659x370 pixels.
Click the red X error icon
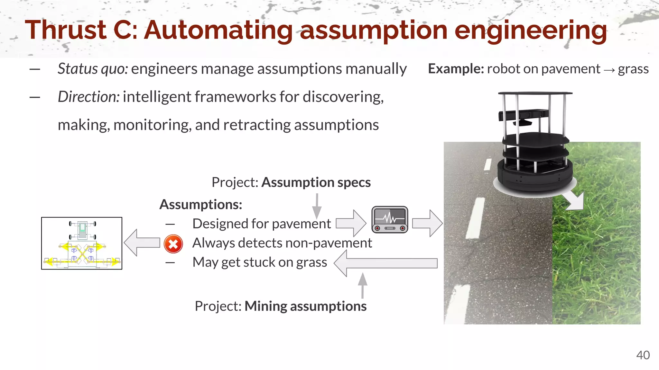tap(173, 244)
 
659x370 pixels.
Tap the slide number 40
tap(643, 355)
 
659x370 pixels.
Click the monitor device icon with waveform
tap(390, 220)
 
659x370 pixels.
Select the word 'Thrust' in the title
tap(66, 30)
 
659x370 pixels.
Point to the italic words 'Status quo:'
tap(93, 69)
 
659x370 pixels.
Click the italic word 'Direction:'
tap(88, 97)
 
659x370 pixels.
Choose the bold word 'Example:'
tap(456, 69)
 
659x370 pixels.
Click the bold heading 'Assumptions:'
tap(201, 205)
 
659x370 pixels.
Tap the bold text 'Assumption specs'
tap(316, 182)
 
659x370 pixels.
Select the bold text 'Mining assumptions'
tap(305, 306)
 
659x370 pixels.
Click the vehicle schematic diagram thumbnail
tap(82, 243)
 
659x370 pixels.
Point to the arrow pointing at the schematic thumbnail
tap(142, 242)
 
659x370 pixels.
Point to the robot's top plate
tap(535, 93)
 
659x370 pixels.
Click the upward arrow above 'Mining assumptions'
tap(363, 285)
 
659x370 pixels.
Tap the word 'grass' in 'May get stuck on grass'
tap(311, 262)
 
